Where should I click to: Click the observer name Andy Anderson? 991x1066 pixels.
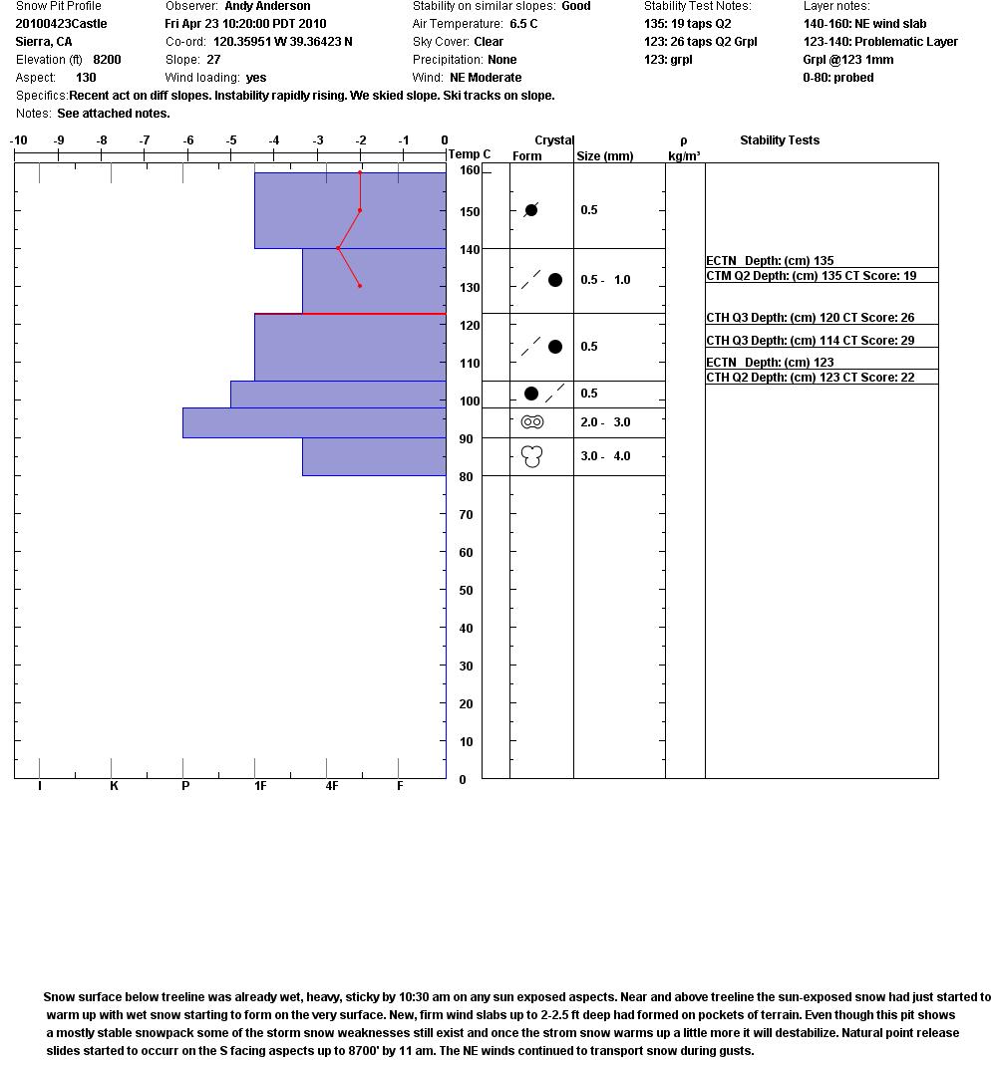coord(267,6)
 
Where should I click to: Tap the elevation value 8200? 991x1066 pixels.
coord(107,60)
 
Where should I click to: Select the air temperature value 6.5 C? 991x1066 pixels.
coord(523,24)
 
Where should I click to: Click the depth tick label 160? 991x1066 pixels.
coord(470,170)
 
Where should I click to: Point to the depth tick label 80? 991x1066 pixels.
coord(466,477)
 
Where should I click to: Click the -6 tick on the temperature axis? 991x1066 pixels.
coord(188,140)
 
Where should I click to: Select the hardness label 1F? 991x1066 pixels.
coord(260,786)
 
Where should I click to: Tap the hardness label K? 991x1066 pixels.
coord(114,786)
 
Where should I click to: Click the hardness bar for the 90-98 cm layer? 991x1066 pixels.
coord(313,422)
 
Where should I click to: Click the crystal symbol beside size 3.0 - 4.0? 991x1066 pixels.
coord(532,456)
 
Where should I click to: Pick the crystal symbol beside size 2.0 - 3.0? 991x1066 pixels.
coord(532,422)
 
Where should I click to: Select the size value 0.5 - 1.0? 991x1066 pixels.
coord(605,280)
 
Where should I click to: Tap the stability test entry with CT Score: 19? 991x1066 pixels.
coord(811,276)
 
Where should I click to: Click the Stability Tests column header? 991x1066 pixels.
coord(779,140)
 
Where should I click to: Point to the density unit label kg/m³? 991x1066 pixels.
coord(684,156)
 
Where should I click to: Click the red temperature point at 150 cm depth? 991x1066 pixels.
coord(360,210)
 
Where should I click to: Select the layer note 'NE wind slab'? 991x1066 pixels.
coord(864,24)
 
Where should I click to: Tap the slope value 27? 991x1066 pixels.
coord(213,60)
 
